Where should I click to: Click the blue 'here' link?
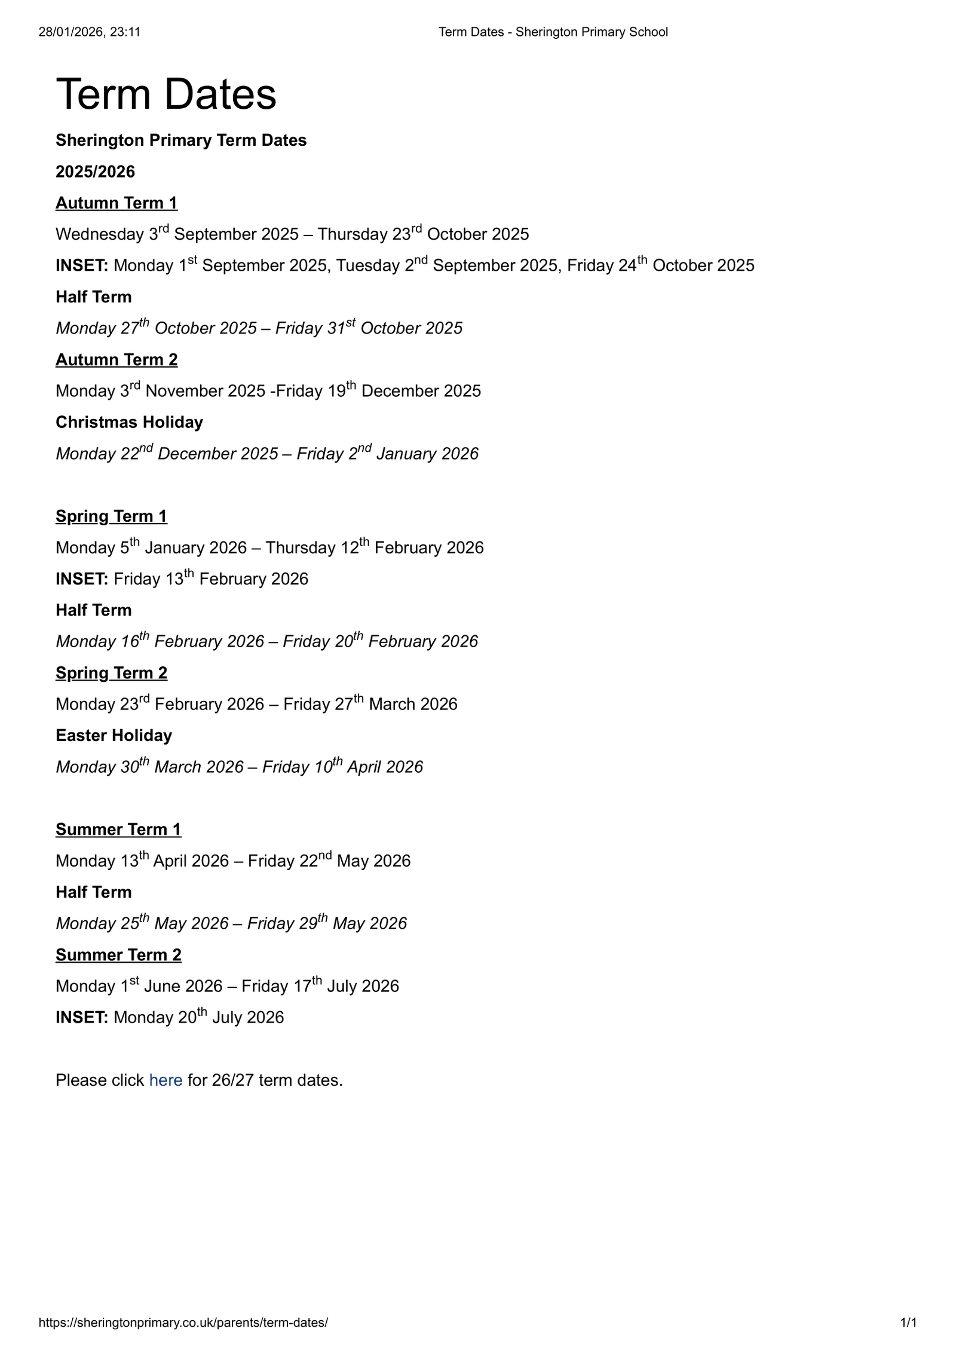click(x=166, y=1080)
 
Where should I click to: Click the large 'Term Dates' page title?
click(x=166, y=94)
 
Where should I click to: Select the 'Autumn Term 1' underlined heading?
click(x=117, y=203)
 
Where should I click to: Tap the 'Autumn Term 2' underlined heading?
click(x=117, y=360)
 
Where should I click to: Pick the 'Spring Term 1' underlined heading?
click(x=111, y=516)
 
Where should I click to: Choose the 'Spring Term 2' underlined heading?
click(x=111, y=673)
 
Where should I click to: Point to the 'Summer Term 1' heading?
click(x=118, y=829)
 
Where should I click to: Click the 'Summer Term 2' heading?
click(x=118, y=955)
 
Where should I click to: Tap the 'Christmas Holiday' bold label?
click(x=129, y=423)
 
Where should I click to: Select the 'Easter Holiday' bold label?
click(x=114, y=736)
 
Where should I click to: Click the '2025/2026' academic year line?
click(x=95, y=172)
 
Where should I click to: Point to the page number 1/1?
click(x=908, y=1323)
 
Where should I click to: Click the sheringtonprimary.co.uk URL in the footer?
click(x=183, y=1323)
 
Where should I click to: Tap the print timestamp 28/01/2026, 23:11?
click(x=90, y=32)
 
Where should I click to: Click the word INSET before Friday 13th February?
click(x=81, y=579)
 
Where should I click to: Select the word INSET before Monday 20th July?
click(x=81, y=1018)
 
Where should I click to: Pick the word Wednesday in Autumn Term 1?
click(x=99, y=234)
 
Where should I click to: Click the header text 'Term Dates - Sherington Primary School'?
click(x=553, y=32)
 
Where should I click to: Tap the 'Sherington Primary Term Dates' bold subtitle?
click(x=181, y=140)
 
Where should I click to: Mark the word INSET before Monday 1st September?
click(x=81, y=266)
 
